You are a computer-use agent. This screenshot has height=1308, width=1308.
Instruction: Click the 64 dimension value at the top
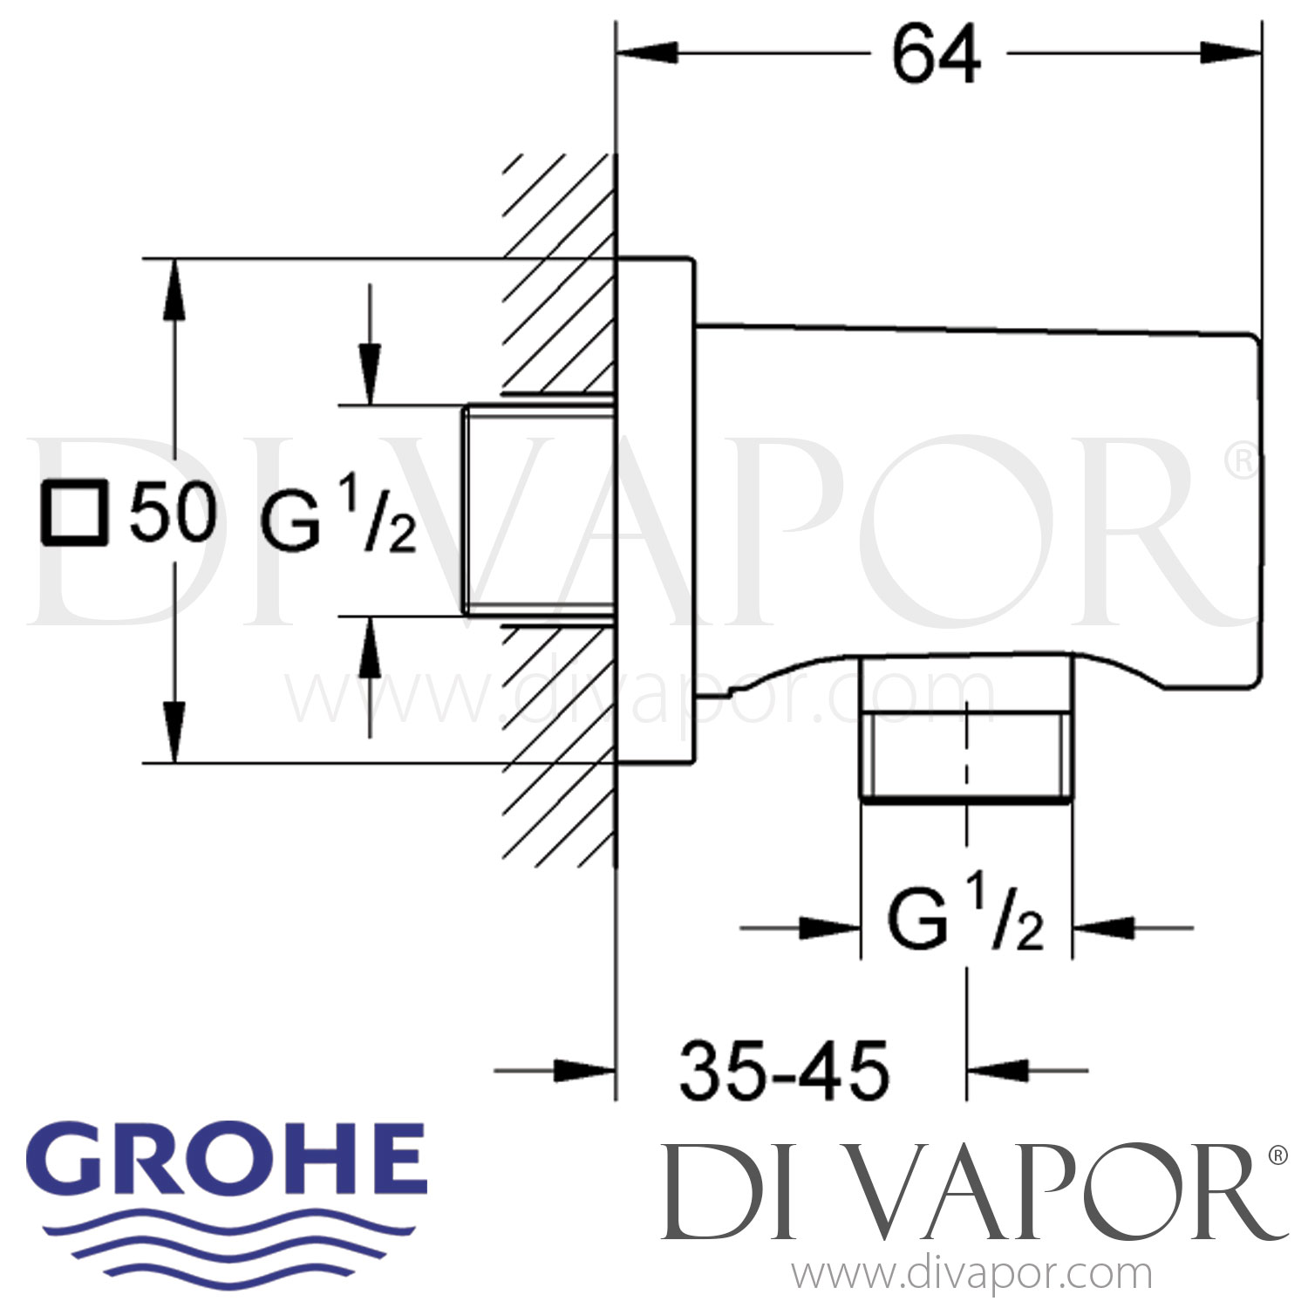[x=936, y=54]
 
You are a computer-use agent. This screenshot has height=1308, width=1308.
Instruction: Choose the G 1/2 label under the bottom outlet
[x=965, y=922]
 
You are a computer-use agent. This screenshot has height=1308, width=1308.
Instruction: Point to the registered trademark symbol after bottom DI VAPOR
[x=1277, y=1156]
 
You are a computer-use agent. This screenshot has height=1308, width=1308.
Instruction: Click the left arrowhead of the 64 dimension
[x=646, y=53]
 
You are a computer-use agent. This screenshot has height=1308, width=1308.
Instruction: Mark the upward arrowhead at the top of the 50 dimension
[x=175, y=288]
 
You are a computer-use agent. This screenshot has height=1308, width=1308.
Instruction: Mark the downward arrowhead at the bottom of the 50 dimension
[x=175, y=732]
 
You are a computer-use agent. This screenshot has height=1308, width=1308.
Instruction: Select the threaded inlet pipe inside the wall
[x=537, y=510]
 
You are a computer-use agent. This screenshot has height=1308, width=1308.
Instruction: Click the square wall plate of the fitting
[x=656, y=510]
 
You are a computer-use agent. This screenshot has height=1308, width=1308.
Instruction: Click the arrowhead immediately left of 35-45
[x=586, y=1069]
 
